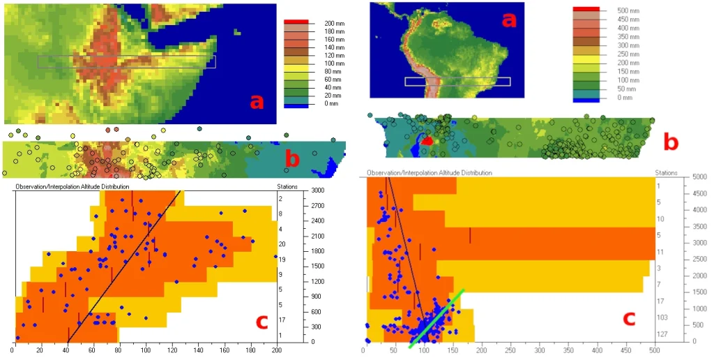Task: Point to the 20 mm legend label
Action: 333,96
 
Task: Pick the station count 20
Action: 280,244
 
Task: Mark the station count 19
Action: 280,259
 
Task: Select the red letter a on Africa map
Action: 257,102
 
